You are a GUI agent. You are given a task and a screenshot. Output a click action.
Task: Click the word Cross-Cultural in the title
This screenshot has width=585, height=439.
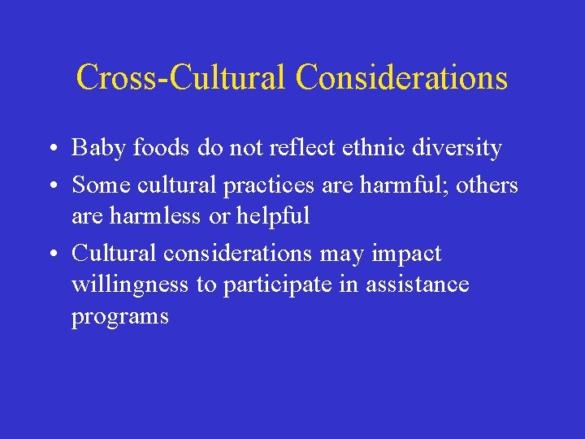(x=181, y=77)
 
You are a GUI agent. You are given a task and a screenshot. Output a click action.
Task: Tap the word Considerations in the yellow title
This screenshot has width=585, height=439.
(x=401, y=77)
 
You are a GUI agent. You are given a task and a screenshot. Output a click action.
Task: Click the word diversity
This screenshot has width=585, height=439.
(x=461, y=148)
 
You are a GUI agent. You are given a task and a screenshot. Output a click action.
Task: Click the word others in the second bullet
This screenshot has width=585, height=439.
(x=487, y=185)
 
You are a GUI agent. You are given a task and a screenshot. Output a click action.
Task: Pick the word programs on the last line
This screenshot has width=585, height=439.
(x=119, y=316)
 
